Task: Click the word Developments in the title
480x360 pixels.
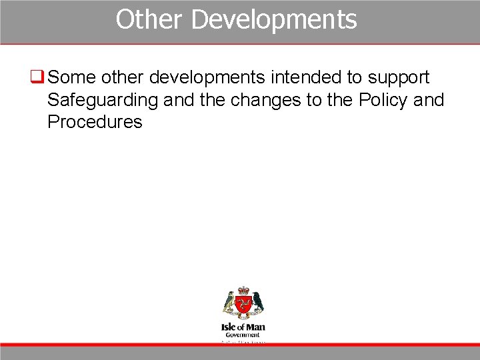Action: tap(274, 19)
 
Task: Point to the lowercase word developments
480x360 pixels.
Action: tap(207, 78)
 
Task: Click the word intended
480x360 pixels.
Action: tap(306, 78)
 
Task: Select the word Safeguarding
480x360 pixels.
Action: tap(103, 101)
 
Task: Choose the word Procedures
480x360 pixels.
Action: tap(95, 122)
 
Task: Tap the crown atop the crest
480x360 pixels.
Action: tap(243, 291)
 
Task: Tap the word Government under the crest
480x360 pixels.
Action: tap(243, 335)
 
